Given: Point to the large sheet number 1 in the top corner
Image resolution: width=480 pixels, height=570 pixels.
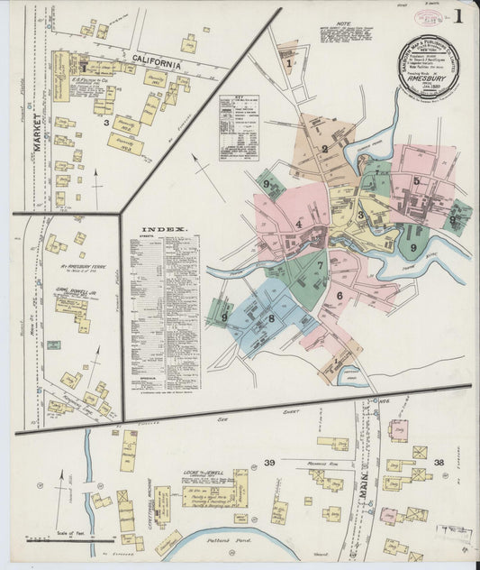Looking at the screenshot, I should click(x=458, y=16).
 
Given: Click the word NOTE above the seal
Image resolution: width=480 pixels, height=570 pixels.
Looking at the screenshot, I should click(x=343, y=25).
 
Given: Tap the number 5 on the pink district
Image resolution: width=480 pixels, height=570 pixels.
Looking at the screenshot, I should click(x=416, y=180).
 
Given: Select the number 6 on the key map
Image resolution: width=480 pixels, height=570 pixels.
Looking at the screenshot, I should click(x=340, y=295).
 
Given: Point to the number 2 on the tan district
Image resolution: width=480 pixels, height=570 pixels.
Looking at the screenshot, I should click(x=324, y=149).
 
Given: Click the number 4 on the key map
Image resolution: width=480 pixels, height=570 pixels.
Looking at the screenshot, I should click(x=298, y=224).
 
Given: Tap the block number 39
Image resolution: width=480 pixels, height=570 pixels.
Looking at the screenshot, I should click(x=268, y=463).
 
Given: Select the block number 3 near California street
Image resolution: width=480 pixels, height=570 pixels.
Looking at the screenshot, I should click(x=105, y=120).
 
